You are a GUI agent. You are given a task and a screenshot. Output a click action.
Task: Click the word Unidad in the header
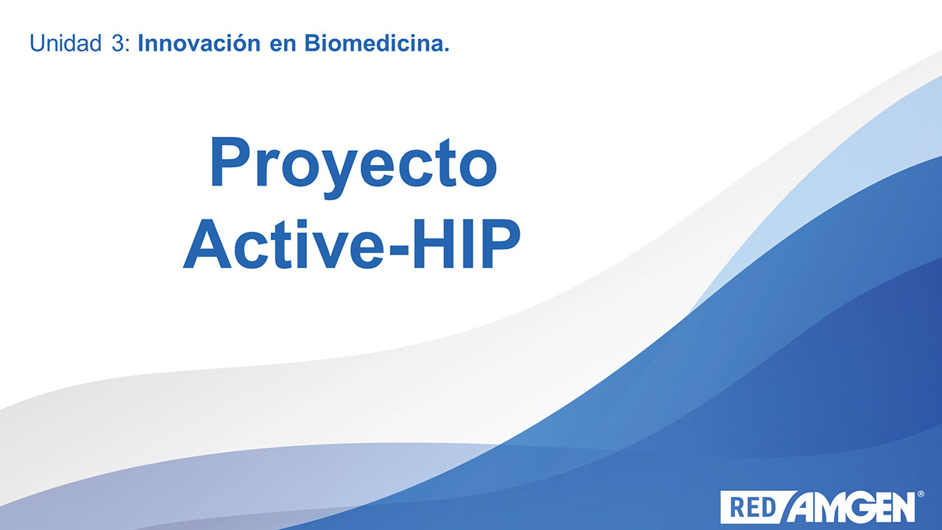(x=65, y=43)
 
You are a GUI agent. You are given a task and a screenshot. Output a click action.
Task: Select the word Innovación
(x=199, y=43)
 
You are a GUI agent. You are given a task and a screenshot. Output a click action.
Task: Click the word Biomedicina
(x=373, y=43)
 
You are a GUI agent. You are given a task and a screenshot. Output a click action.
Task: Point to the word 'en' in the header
(x=283, y=46)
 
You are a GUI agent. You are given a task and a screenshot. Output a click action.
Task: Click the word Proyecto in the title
(x=354, y=167)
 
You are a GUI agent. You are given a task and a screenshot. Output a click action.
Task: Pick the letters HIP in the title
(x=467, y=244)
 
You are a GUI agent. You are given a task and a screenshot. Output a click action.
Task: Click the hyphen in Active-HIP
(x=398, y=250)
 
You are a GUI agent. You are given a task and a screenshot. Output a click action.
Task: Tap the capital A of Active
(x=208, y=244)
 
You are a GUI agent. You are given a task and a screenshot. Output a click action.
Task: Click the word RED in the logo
(x=753, y=508)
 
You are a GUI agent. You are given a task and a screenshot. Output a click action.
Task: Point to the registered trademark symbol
(x=920, y=494)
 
